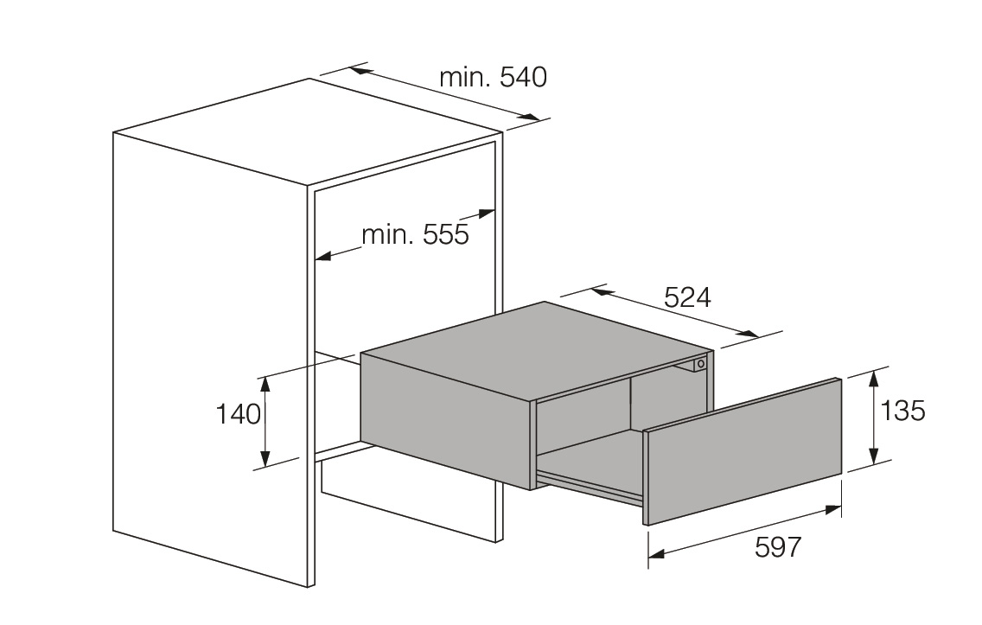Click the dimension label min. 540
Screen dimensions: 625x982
[x=493, y=78]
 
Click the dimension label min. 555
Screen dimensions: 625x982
[x=415, y=234]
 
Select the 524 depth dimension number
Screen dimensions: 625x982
[x=687, y=297]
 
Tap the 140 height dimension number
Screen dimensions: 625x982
[x=238, y=414]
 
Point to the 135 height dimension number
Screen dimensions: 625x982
[x=902, y=411]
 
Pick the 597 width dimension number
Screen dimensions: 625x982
[x=778, y=547]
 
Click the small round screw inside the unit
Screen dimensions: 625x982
[x=700, y=365]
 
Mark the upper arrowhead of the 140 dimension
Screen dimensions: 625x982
[x=265, y=382]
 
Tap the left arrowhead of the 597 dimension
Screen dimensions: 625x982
[x=656, y=554]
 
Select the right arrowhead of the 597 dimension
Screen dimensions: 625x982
[x=834, y=510]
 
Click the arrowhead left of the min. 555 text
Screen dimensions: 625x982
[x=323, y=256]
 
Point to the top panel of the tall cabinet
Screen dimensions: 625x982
[x=307, y=130]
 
